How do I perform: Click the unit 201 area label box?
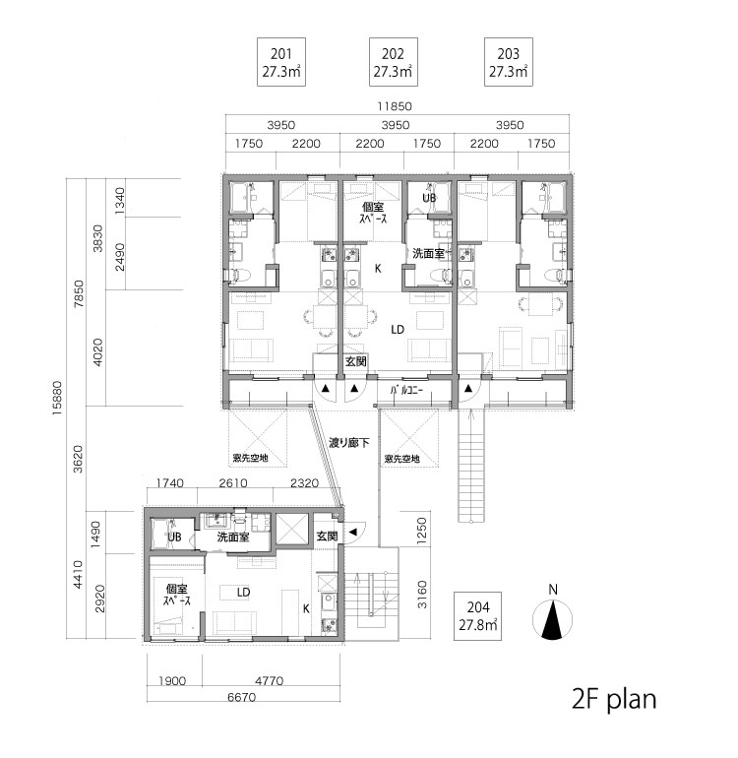coord(280,62)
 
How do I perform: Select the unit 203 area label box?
coord(509,62)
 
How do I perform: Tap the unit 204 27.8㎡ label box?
coord(477,616)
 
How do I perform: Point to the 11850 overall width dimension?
coord(395,106)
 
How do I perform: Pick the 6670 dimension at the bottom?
coord(242,698)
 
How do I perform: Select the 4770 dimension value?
coord(270,680)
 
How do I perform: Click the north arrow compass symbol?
coord(552,619)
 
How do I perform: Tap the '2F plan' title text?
coord(614,699)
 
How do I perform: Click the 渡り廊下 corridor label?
coord(349,442)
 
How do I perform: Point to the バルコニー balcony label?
coord(406,390)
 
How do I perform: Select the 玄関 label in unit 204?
coord(327,536)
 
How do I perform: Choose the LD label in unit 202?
coord(398,330)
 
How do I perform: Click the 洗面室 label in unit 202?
coord(428,253)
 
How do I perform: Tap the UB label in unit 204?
coord(174,537)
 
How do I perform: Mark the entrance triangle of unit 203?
coord(468,388)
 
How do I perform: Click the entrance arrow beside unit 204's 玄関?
coord(353,532)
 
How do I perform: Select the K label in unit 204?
coord(306,609)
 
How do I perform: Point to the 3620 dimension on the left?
coord(78,460)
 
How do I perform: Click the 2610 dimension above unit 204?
coord(233,483)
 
